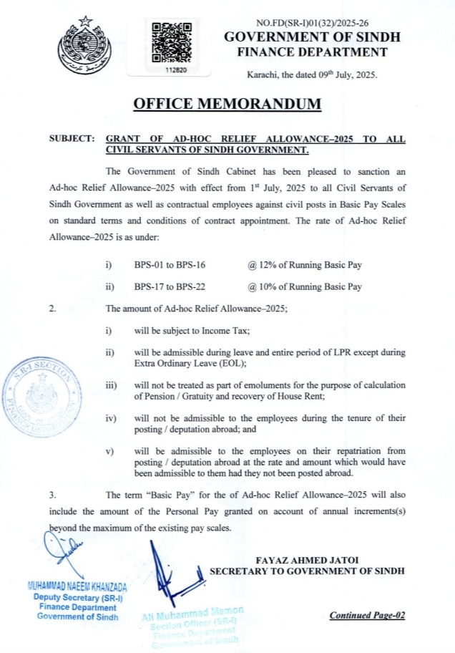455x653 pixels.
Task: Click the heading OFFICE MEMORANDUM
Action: tap(227, 104)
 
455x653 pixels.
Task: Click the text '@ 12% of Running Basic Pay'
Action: tap(305, 265)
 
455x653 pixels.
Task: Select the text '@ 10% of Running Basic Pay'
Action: tap(305, 286)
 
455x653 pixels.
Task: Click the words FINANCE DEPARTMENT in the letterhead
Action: tap(312, 52)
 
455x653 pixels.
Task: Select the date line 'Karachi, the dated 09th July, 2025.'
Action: tap(312, 74)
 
